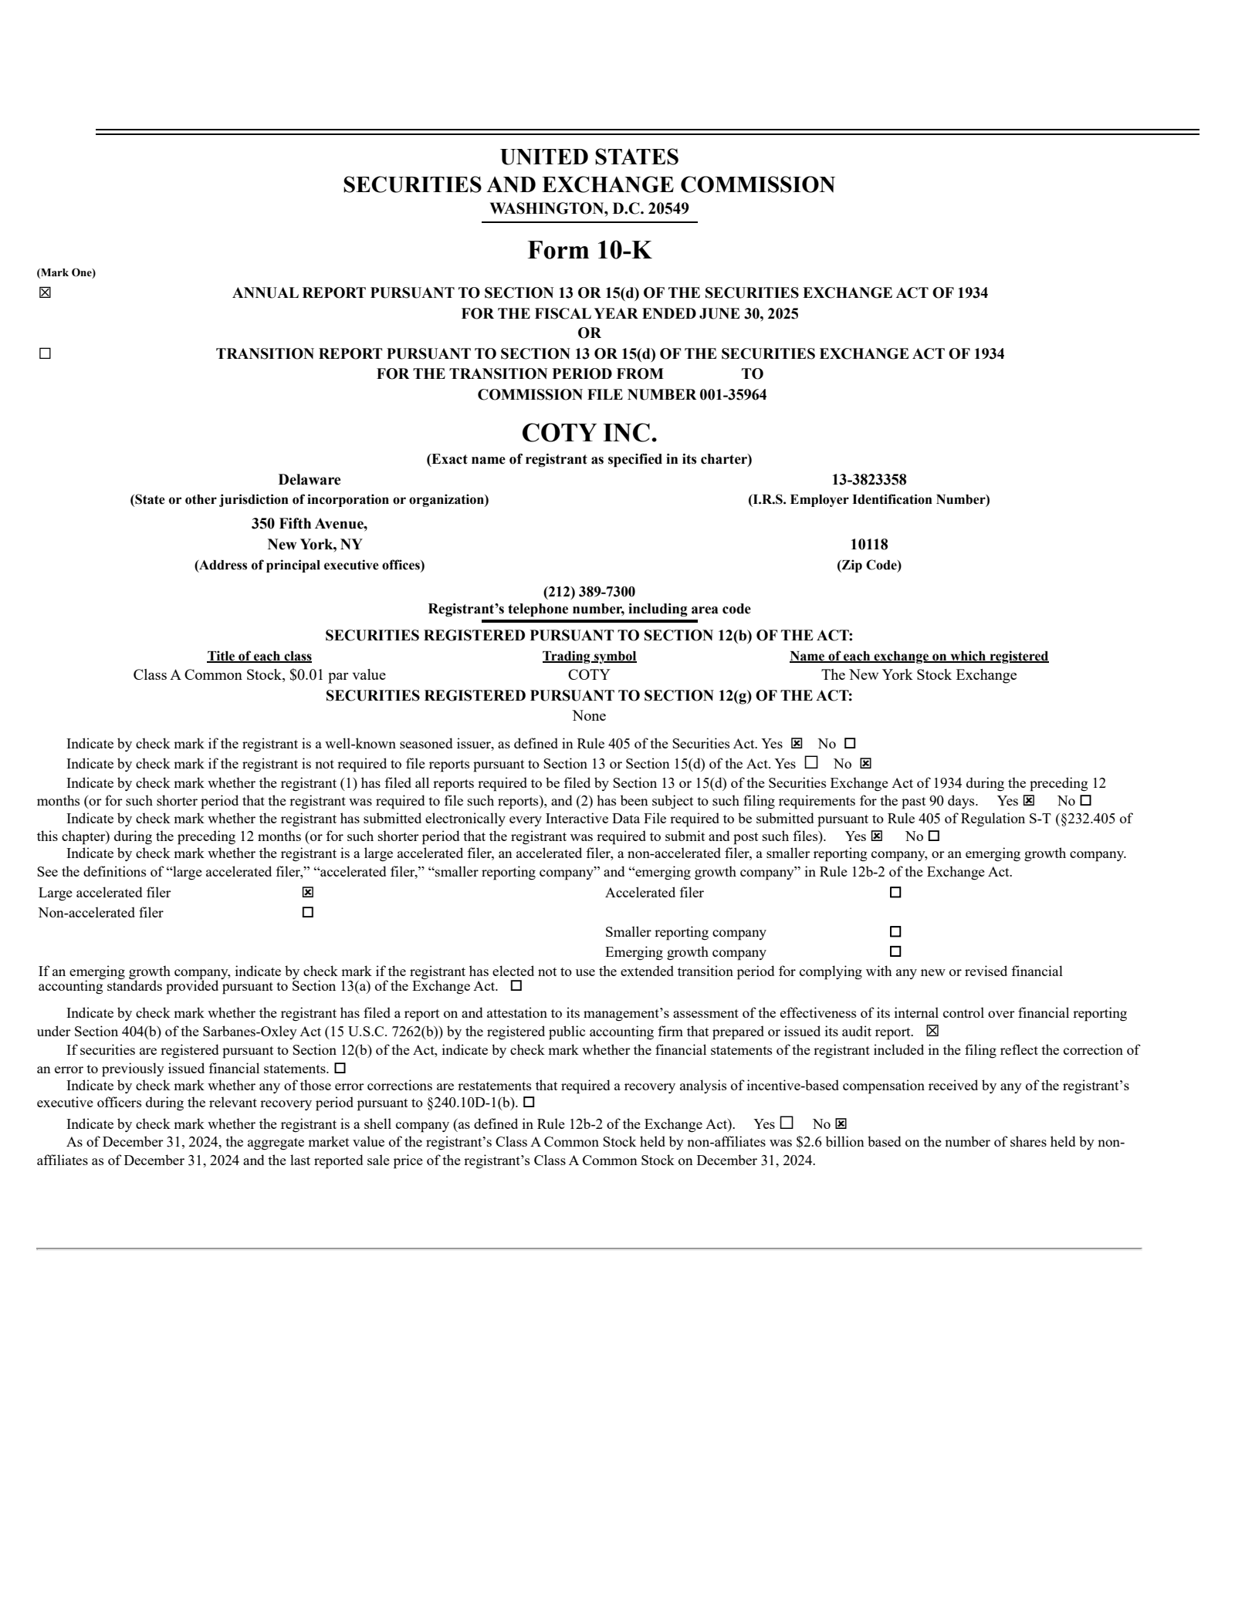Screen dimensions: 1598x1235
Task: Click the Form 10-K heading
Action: click(589, 250)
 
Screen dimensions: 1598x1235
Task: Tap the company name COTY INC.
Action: click(589, 433)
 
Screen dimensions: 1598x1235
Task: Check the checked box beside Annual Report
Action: click(45, 292)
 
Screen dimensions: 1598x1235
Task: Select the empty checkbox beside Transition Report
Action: click(45, 353)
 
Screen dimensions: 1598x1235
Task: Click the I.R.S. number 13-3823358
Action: click(868, 480)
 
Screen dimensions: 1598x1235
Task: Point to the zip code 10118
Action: click(868, 544)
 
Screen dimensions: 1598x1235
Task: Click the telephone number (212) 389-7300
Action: click(589, 592)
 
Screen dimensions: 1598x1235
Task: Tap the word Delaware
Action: click(309, 480)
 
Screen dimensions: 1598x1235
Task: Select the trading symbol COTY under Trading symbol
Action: click(589, 675)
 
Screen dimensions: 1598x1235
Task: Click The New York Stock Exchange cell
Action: click(919, 675)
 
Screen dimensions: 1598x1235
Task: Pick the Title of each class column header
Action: click(259, 657)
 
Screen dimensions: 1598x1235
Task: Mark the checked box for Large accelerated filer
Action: click(308, 893)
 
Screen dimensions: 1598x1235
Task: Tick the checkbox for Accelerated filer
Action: click(895, 893)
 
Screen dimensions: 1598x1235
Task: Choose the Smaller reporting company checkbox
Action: click(895, 932)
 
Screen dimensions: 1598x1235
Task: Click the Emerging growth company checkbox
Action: click(895, 951)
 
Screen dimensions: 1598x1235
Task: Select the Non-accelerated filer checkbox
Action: click(308, 913)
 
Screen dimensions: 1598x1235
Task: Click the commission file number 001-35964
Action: click(733, 395)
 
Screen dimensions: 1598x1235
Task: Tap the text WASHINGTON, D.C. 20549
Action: click(589, 208)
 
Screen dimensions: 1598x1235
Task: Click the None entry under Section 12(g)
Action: click(589, 716)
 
